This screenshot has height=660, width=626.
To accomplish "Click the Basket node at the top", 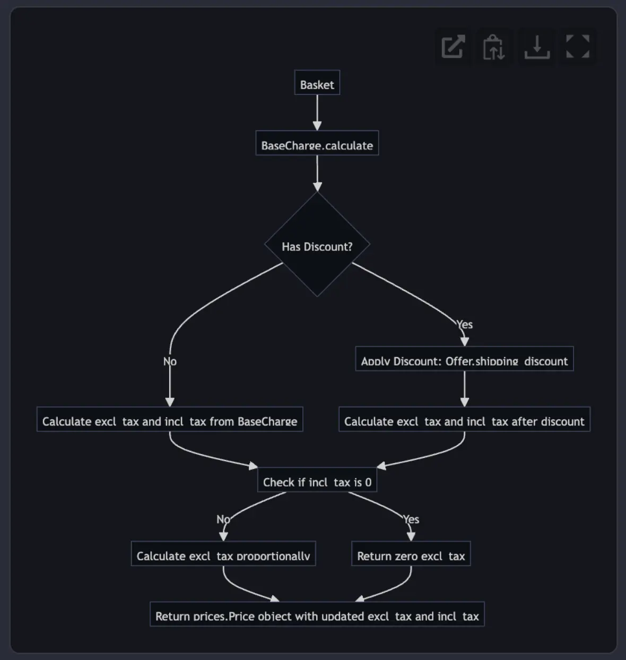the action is pos(317,83).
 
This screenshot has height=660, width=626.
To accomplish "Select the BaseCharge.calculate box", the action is pos(317,143).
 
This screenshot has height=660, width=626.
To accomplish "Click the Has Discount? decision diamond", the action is pos(317,244).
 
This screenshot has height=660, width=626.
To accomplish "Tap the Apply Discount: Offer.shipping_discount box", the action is pos(465,359).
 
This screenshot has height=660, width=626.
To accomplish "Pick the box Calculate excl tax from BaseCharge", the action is pos(170,419).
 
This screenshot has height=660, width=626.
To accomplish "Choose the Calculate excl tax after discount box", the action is pos(465,419).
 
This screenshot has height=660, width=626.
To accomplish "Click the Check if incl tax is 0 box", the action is pos(317,480).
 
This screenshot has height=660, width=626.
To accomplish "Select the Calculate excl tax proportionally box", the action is pos(223,553).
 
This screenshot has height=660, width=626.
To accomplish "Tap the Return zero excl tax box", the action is pos(411,553).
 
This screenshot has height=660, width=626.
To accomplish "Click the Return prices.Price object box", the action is pos(317,614).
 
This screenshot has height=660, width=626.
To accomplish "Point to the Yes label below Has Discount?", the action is pos(465,325).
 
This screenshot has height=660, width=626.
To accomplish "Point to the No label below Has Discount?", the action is pos(170,361).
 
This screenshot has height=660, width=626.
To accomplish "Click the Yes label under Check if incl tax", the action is pos(411,519).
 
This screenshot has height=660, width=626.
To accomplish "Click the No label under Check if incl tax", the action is pos(223,519).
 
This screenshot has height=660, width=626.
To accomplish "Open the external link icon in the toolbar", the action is pos(453,47).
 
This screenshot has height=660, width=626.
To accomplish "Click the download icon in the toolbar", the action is pos(537,47).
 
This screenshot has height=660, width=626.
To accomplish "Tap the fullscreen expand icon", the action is pos(578,46).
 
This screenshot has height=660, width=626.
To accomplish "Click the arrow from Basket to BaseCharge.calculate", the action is pos(317,113).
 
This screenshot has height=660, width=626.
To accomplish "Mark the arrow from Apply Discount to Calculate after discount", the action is pos(465,389).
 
